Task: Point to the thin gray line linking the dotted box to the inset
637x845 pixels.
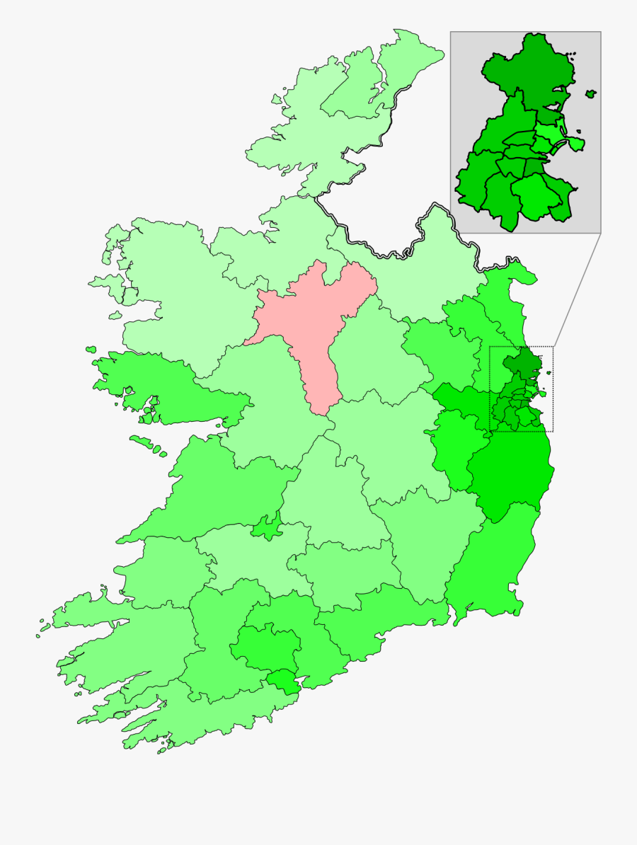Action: pyautogui.click(x=576, y=290)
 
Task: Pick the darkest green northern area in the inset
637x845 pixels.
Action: pyautogui.click(x=527, y=71)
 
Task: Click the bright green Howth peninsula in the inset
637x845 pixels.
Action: pyautogui.click(x=576, y=144)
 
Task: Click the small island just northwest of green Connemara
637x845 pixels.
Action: pyautogui.click(x=91, y=349)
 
